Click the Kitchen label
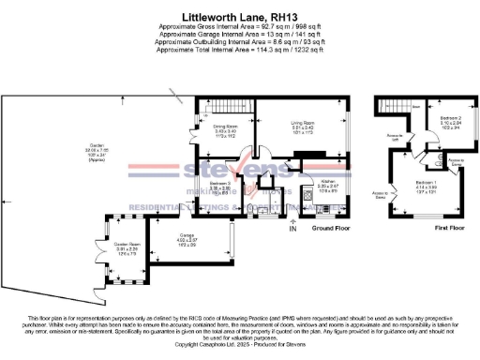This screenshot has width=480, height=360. [328, 186]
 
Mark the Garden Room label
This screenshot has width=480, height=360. [128, 246]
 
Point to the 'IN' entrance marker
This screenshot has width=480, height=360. [292, 228]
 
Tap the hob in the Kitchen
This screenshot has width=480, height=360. [308, 198]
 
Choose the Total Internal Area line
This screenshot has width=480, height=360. [240, 50]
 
